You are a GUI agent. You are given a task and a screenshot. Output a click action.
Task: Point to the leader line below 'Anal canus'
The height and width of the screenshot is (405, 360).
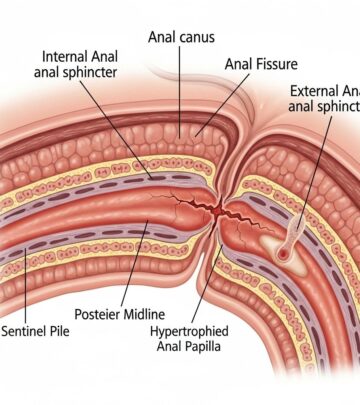pos(179,90)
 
